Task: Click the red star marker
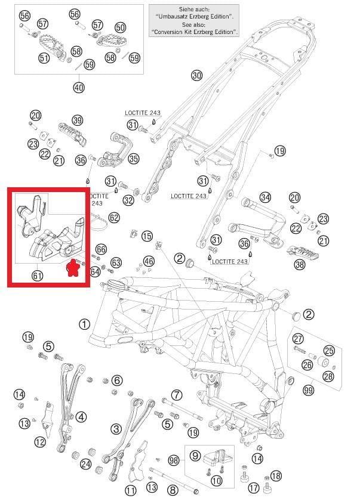click(x=72, y=268)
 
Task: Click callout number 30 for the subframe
click(x=196, y=75)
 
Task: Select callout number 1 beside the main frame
click(x=84, y=324)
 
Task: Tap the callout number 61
click(x=37, y=276)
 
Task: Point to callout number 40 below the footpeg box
click(x=79, y=87)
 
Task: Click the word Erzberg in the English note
click(x=208, y=32)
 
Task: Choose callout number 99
click(x=309, y=390)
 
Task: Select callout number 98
click(x=174, y=460)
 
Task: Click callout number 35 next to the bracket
click(x=134, y=159)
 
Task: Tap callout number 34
click(x=265, y=197)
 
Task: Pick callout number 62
click(x=114, y=218)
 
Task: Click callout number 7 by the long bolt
click(x=177, y=395)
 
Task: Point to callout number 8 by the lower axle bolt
click(x=173, y=490)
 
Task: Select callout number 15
click(x=147, y=236)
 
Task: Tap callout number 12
click(x=40, y=442)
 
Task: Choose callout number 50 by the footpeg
click(x=120, y=28)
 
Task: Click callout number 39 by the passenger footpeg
click(x=78, y=120)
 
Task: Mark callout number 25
click(x=329, y=351)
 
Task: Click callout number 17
click(x=254, y=488)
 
